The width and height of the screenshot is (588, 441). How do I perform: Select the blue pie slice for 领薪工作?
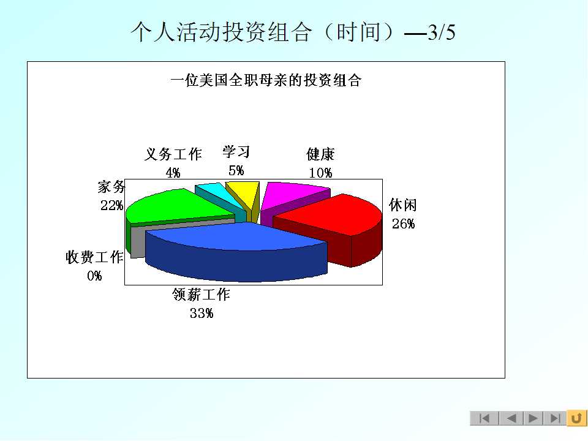(x=236, y=251)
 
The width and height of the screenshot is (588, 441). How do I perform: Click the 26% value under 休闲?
(x=404, y=224)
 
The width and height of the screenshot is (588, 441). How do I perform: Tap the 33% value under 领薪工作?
(x=202, y=313)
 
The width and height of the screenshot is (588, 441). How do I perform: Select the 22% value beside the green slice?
(x=111, y=206)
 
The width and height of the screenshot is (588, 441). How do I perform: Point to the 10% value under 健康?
(x=320, y=173)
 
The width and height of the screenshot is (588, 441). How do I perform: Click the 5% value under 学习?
(x=236, y=171)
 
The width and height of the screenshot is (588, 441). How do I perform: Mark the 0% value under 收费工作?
(x=94, y=276)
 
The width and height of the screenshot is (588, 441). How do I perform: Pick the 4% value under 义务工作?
(x=173, y=173)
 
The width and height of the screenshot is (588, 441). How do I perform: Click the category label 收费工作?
(x=94, y=257)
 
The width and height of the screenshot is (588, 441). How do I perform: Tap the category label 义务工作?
(x=173, y=154)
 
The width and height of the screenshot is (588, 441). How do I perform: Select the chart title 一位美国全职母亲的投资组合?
(x=266, y=80)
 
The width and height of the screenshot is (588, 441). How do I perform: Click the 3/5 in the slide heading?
(x=442, y=32)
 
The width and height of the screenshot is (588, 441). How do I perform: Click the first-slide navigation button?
(x=484, y=418)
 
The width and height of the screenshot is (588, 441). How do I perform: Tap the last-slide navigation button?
(x=555, y=418)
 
